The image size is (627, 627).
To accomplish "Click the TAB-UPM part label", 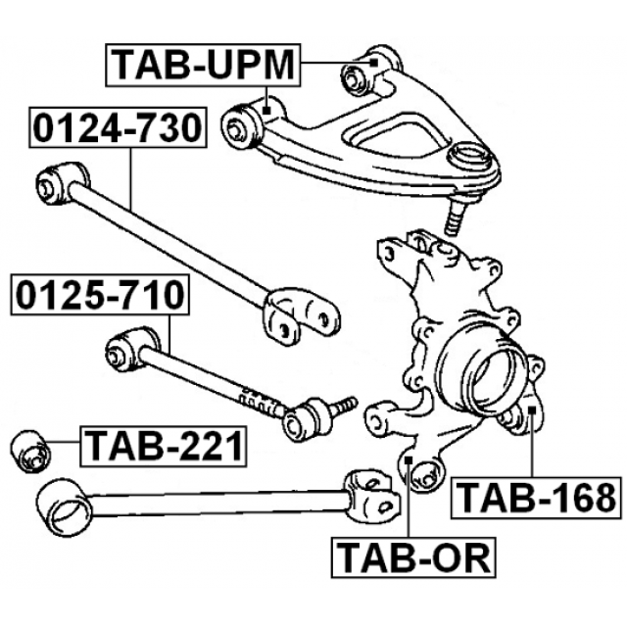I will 202,65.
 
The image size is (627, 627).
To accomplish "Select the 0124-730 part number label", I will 119,127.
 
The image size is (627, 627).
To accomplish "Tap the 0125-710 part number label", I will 96,295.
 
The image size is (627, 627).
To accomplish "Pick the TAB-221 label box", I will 162,446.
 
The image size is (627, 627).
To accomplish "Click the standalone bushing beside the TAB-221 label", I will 30,450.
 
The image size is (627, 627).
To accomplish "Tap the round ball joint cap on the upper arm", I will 472,157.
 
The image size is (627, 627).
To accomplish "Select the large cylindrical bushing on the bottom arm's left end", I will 60,504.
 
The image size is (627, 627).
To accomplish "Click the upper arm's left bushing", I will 243,123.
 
